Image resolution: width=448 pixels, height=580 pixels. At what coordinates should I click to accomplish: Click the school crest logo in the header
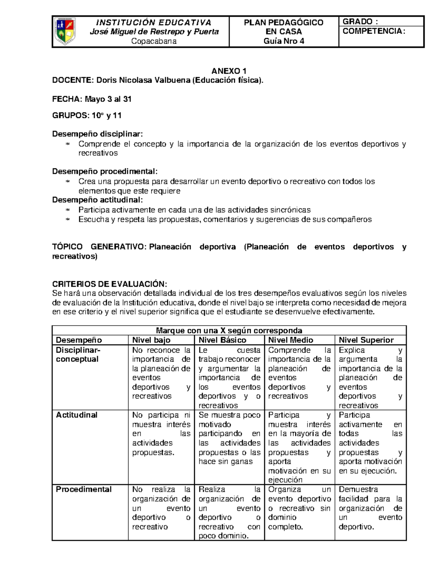click(65, 31)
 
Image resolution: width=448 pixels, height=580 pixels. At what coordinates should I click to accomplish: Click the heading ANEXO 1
click(229, 71)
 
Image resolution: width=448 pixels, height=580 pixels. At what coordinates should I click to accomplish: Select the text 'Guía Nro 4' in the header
click(284, 41)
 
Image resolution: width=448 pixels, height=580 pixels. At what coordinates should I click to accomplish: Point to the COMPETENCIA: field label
click(374, 31)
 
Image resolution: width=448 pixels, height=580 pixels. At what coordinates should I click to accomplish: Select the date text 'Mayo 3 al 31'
click(108, 99)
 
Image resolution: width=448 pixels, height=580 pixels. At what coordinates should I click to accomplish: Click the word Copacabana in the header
click(154, 41)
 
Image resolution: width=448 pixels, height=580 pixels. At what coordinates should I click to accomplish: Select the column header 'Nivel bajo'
click(151, 340)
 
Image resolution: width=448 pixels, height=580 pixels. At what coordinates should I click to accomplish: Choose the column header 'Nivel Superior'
click(366, 340)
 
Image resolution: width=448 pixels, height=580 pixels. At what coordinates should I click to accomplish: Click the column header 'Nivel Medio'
click(290, 340)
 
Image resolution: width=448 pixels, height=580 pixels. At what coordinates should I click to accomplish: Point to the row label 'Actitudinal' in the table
click(77, 415)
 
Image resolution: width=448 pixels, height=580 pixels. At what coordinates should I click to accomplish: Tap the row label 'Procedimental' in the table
click(84, 489)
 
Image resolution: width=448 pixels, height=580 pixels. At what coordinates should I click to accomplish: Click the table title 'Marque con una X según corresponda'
click(229, 331)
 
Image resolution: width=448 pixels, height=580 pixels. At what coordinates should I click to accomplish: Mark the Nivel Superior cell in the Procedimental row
click(370, 508)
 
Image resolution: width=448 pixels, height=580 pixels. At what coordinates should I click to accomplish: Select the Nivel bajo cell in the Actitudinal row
click(161, 434)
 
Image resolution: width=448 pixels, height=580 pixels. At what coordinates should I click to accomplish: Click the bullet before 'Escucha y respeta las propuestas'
click(68, 220)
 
